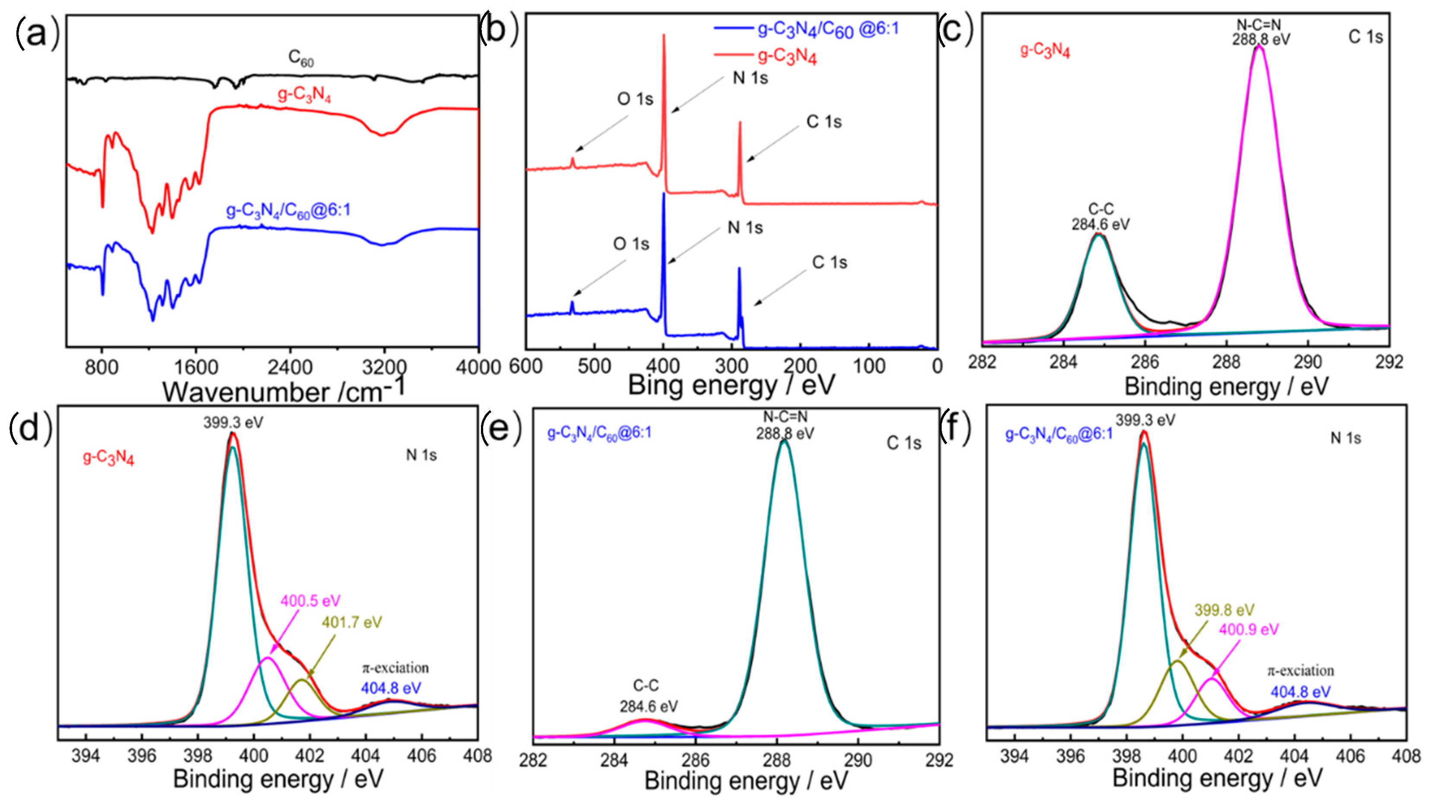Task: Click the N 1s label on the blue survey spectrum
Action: click(745, 227)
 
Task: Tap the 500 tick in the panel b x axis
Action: click(595, 366)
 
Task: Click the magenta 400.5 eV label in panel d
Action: click(310, 601)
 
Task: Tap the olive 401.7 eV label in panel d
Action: click(352, 622)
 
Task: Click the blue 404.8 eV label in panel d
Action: click(391, 688)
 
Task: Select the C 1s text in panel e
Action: click(904, 443)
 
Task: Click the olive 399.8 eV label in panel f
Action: click(1224, 610)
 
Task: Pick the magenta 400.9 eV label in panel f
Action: click(1249, 629)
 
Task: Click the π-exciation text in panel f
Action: click(1300, 671)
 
